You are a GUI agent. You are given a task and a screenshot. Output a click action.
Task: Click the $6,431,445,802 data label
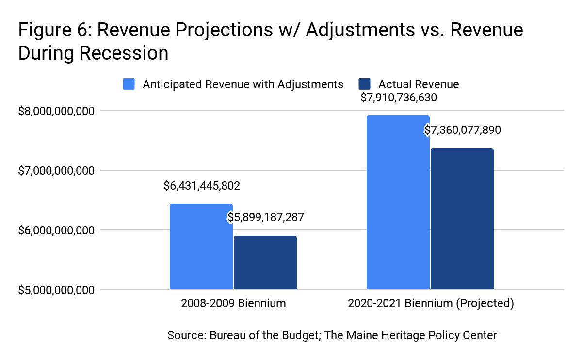point(202,186)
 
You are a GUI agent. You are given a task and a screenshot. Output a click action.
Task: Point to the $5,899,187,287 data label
point(266,217)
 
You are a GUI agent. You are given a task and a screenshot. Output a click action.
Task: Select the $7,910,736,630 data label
point(399,98)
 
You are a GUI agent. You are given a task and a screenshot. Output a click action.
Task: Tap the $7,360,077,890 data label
point(463,130)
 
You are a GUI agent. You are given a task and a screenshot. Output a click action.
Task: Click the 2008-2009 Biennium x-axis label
point(233,304)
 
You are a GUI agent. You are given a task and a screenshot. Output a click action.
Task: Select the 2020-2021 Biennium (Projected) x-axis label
point(430,304)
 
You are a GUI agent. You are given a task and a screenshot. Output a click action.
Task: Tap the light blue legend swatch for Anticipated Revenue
point(129,84)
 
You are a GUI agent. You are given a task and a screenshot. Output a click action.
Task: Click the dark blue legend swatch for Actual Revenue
point(364,84)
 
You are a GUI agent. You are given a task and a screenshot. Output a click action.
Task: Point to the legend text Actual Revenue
point(419,84)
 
